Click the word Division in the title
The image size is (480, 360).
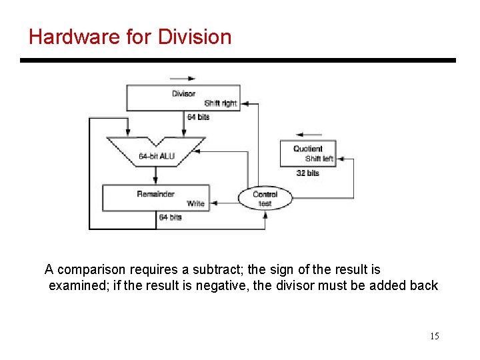(x=195, y=37)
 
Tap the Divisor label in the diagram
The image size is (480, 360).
(x=183, y=94)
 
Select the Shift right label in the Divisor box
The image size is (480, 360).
(x=220, y=103)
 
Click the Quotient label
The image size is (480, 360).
(x=307, y=149)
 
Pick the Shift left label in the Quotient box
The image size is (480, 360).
(x=319, y=159)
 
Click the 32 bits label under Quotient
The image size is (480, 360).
(x=307, y=173)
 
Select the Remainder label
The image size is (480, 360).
(x=155, y=194)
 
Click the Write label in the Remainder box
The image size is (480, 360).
(x=195, y=203)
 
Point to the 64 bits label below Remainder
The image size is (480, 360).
(x=170, y=217)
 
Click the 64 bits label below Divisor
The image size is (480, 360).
(x=198, y=117)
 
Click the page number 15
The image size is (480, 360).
(x=434, y=336)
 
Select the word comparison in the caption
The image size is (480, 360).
(x=90, y=270)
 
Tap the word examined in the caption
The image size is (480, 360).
(x=75, y=286)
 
